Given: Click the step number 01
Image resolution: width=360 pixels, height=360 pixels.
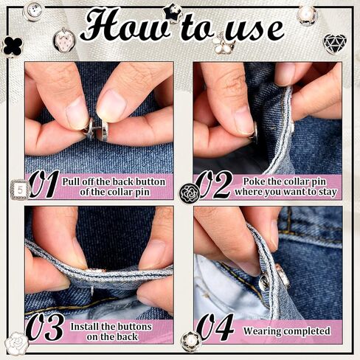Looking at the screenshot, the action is tap(44, 184).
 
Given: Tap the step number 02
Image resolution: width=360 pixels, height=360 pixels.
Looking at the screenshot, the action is tap(214, 185).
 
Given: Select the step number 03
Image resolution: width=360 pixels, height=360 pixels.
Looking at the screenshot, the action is tap(45, 327).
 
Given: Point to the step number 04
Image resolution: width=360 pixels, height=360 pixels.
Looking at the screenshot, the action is tap(215, 327).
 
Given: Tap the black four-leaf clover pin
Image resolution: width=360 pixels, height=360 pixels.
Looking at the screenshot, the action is tap(13, 46).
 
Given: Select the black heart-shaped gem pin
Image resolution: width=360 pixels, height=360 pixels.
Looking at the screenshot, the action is tap(335, 44).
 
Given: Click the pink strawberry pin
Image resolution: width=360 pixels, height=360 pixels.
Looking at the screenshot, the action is tap(64, 39).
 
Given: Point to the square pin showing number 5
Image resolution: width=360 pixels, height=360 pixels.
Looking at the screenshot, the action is tap(20, 190).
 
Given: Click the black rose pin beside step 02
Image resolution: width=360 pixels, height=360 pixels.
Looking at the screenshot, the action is tap(189, 193).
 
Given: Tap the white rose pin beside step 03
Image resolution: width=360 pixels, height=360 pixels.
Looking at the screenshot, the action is tap(17, 344).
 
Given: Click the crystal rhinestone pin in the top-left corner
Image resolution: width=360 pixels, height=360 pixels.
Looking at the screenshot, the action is tap(33, 10).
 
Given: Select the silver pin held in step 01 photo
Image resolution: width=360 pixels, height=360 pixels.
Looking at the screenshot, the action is tap(96, 129).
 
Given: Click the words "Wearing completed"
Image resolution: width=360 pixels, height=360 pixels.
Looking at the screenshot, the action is tap(287, 331).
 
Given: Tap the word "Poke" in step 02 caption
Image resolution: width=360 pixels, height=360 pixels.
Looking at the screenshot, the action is tap(254, 181).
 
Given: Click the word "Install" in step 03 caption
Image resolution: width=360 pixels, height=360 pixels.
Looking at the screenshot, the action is tap(84, 327).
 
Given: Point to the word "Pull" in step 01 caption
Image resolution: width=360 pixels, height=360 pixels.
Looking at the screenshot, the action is tap(72, 182).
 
